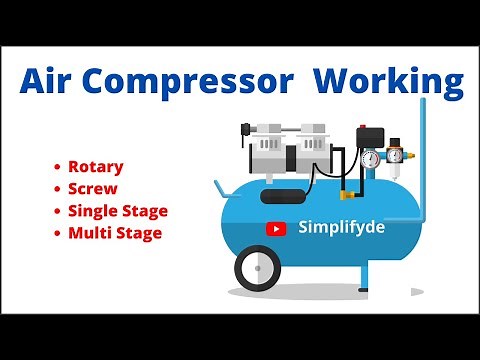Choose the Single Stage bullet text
[117, 211]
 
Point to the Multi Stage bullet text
[114, 234]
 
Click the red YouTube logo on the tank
[275, 228]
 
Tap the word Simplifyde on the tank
[340, 227]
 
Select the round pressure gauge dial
[372, 158]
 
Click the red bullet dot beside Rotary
[59, 166]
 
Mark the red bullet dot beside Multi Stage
[59, 234]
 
